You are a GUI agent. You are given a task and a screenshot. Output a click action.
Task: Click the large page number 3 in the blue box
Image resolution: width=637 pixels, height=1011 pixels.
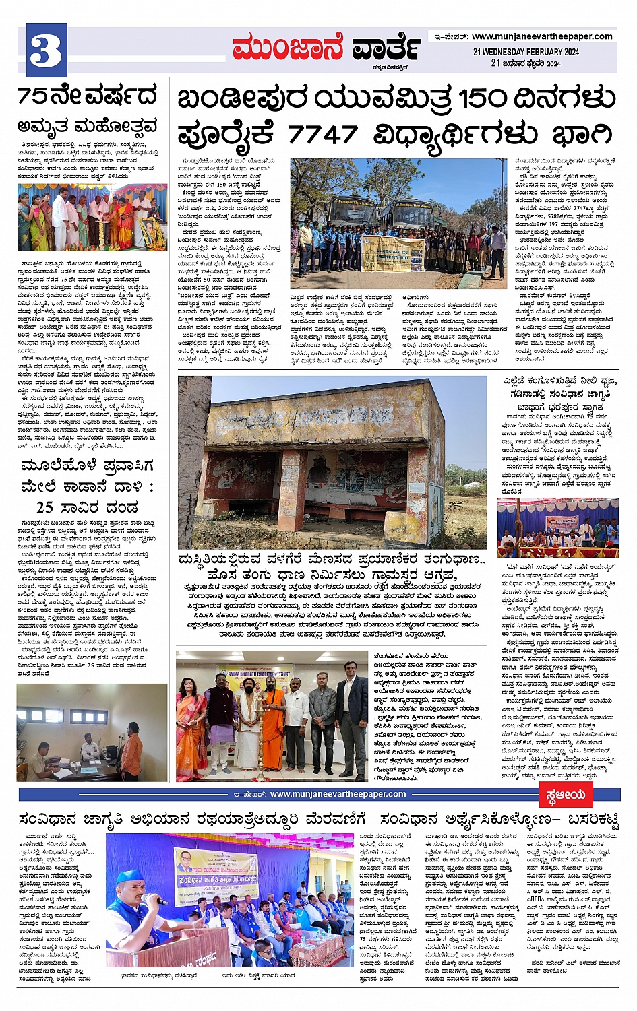coord(45,51)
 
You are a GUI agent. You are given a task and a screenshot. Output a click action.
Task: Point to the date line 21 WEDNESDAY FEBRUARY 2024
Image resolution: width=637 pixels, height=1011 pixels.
coord(526,52)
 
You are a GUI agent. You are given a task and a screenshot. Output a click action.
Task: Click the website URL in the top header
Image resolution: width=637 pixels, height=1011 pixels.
coord(542,36)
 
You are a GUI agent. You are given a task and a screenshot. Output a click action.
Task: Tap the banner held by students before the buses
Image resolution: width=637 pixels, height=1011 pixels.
coord(393,253)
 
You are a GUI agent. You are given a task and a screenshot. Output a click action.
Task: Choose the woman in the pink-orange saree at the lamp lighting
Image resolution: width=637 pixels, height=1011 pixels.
coord(191,727)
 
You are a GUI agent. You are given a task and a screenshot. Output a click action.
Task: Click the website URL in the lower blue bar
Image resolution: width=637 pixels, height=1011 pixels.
coord(337,794)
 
